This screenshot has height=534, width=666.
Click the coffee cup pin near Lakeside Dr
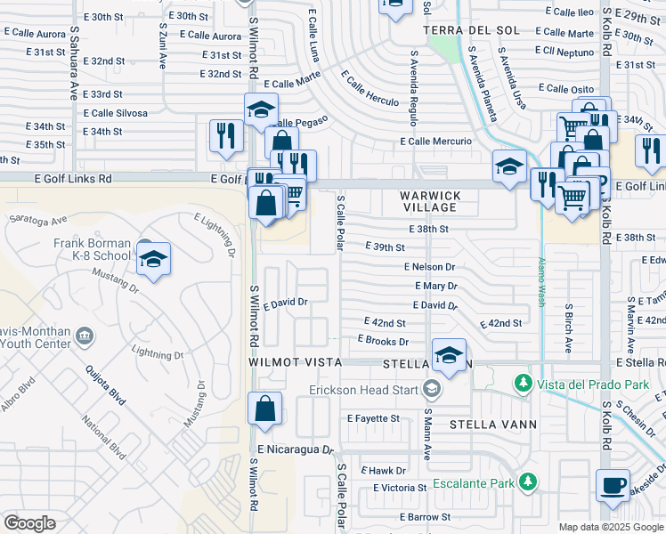(x=612, y=486)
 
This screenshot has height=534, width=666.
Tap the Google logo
(x=30, y=523)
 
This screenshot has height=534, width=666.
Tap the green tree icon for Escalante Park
(x=529, y=482)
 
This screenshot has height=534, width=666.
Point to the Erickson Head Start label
(x=366, y=389)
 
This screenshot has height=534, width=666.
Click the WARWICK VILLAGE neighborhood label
(x=428, y=201)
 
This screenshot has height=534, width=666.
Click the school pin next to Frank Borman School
(x=154, y=259)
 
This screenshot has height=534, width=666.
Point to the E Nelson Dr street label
(x=429, y=267)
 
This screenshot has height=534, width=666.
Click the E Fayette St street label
(x=373, y=418)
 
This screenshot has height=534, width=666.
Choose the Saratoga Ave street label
(x=37, y=219)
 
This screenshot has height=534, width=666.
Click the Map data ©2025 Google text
(x=610, y=526)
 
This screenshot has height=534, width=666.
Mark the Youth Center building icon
(x=85, y=336)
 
